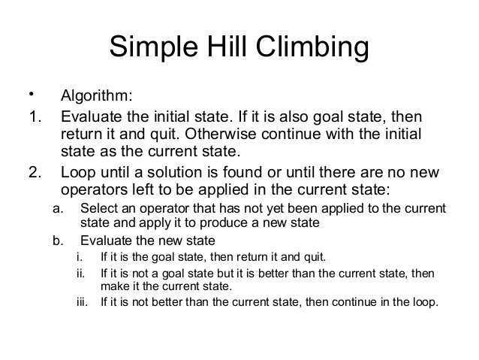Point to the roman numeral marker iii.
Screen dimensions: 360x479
click(83, 304)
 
